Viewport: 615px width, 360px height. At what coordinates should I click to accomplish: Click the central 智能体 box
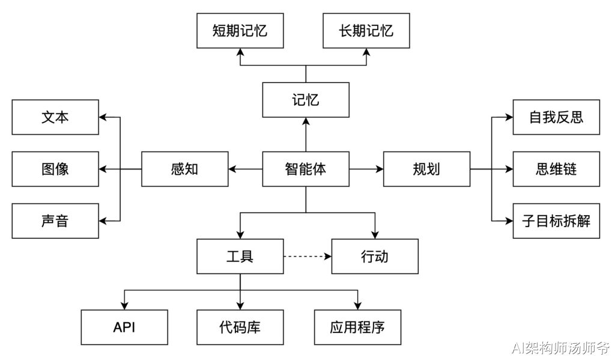pyautogui.click(x=306, y=169)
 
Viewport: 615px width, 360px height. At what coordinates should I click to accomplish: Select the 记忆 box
pyautogui.click(x=306, y=100)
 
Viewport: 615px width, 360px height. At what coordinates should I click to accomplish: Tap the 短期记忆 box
pyautogui.click(x=240, y=31)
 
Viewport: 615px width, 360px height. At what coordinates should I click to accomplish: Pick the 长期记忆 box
pyautogui.click(x=366, y=31)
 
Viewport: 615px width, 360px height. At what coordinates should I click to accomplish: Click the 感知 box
pyautogui.click(x=184, y=169)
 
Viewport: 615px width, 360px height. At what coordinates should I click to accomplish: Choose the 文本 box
pyautogui.click(x=55, y=117)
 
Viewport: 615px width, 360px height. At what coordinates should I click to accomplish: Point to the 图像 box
pyautogui.click(x=55, y=169)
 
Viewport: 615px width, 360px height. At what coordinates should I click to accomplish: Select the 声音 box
pyautogui.click(x=55, y=221)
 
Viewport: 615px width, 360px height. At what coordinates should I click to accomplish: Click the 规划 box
pyautogui.click(x=426, y=169)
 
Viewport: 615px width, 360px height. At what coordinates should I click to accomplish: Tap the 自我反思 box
pyautogui.click(x=556, y=117)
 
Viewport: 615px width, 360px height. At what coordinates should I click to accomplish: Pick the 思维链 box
pyautogui.click(x=556, y=169)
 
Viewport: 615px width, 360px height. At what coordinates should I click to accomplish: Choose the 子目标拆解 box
pyautogui.click(x=556, y=221)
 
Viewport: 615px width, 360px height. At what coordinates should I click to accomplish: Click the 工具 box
pyautogui.click(x=240, y=257)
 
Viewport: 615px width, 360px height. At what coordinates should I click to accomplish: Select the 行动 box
pyautogui.click(x=375, y=257)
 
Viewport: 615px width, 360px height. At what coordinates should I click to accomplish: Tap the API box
pyautogui.click(x=124, y=328)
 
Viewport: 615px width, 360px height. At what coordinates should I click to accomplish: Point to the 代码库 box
pyautogui.click(x=240, y=328)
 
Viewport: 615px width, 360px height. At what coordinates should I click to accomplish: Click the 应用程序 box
pyautogui.click(x=357, y=328)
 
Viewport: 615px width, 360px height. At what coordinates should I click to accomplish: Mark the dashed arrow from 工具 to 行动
pyautogui.click(x=307, y=257)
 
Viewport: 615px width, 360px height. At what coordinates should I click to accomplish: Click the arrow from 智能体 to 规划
pyautogui.click(x=366, y=169)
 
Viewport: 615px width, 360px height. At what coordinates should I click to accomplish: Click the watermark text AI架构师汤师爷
pyautogui.click(x=560, y=348)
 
